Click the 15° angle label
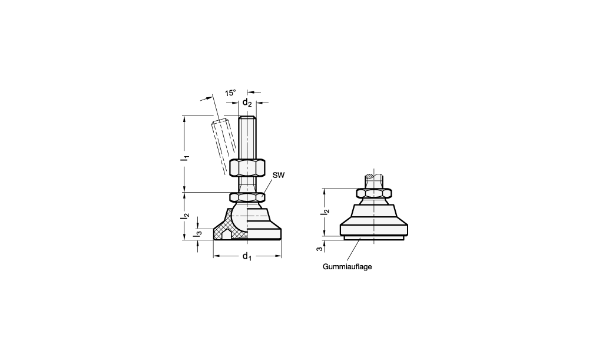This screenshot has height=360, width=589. point(230,93)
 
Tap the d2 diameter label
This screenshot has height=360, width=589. point(247,102)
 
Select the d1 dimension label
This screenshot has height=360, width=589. point(247,256)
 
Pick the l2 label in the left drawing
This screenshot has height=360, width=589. point(185,216)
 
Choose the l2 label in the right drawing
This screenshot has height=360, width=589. point(325,212)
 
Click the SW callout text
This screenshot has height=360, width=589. point(279,175)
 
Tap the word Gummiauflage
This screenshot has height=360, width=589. point(347,267)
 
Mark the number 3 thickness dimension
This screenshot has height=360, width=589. point(319,249)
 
